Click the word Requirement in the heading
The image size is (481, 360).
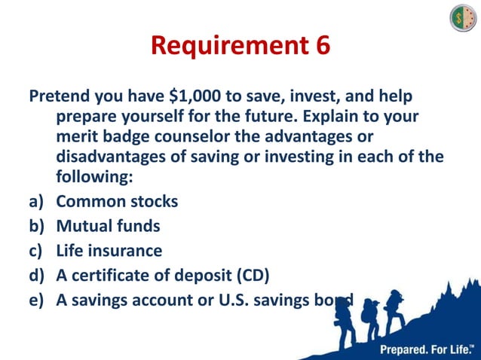[227, 46]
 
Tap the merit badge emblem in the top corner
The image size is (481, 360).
[463, 17]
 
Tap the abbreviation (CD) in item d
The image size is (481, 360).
[251, 274]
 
